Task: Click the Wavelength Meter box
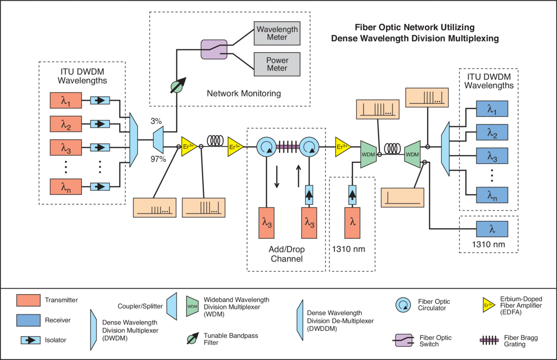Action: tap(277, 32)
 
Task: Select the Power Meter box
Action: tap(277, 64)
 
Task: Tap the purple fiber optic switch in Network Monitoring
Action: tap(213, 49)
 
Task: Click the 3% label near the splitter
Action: tap(156, 121)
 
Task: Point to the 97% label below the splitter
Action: tap(158, 159)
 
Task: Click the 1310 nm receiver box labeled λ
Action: tap(492, 228)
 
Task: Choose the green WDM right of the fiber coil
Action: tap(412, 153)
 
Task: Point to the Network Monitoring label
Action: tap(244, 93)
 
